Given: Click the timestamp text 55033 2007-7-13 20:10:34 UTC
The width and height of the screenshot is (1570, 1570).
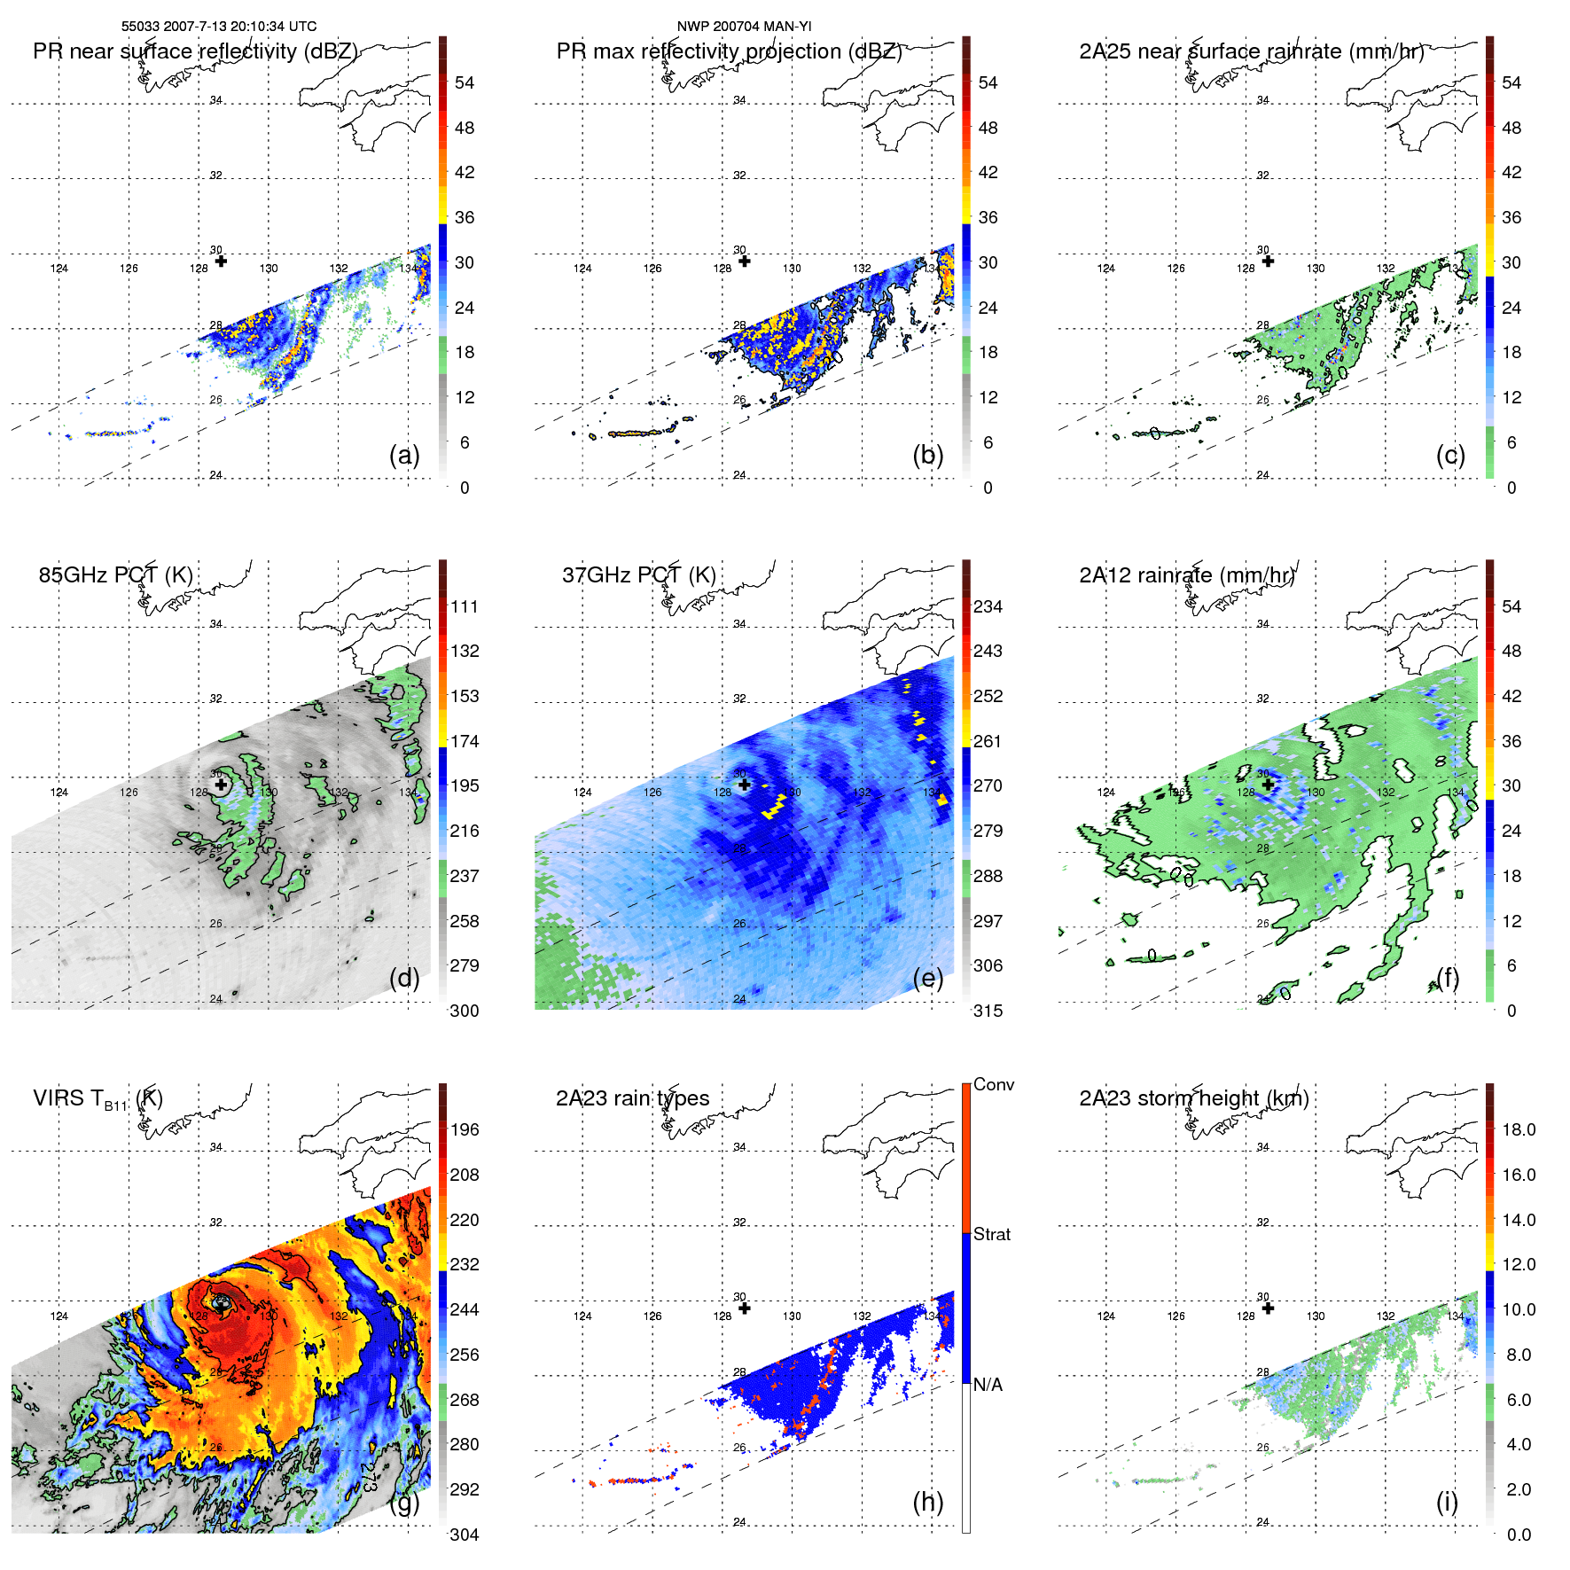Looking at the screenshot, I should click(218, 27).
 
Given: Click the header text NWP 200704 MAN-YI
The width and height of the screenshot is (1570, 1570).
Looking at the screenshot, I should click(744, 27).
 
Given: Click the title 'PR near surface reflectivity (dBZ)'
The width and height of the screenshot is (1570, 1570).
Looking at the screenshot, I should click(195, 51).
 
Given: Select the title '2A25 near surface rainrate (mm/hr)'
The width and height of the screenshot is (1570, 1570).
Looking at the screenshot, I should click(1251, 51).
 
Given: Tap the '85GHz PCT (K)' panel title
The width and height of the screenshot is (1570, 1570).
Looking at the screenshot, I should click(115, 575).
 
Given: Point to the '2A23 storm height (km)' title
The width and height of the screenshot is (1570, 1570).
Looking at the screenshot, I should click(1193, 1098).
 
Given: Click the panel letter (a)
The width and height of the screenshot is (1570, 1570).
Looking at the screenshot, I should click(404, 455).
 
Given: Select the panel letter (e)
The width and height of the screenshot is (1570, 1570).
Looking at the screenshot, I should click(927, 978).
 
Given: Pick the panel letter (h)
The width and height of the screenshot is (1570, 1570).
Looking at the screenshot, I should click(927, 1501).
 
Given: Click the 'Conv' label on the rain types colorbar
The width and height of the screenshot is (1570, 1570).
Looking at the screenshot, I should click(993, 1084).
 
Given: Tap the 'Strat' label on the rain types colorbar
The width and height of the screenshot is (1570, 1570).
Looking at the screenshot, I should click(991, 1234).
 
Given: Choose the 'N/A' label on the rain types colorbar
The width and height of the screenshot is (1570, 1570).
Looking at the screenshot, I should click(988, 1385).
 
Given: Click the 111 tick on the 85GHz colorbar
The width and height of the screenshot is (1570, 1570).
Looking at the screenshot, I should click(464, 606).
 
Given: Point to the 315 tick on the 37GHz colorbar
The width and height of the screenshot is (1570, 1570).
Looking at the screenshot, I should click(988, 1011).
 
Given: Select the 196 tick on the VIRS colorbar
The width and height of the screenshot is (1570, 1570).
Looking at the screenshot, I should click(464, 1129).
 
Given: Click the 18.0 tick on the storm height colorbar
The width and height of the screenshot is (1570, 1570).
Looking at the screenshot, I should click(1518, 1129).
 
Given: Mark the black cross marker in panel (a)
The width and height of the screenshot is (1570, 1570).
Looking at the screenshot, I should click(221, 261).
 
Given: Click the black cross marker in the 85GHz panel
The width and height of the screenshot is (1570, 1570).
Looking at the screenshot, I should click(221, 785).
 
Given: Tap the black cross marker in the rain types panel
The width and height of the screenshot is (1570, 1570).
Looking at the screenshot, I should click(745, 1308).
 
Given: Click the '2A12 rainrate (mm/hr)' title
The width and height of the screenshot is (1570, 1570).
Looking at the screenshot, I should click(1187, 575).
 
